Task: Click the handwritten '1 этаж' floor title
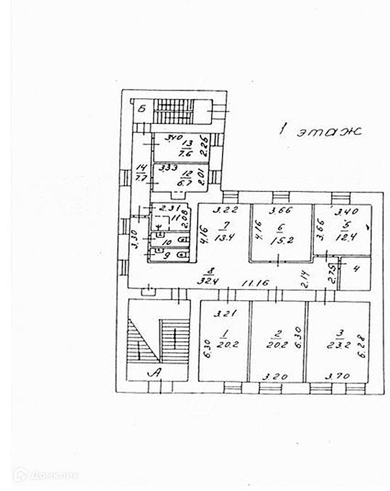(x=319, y=130)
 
